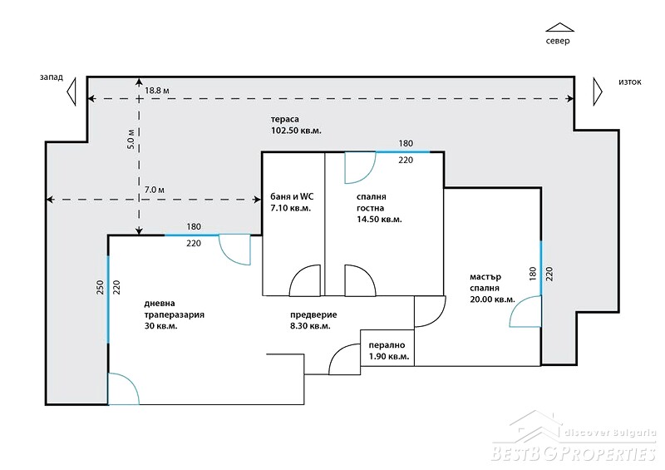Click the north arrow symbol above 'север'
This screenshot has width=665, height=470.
(x=559, y=27)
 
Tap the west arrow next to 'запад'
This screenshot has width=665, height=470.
(x=71, y=92)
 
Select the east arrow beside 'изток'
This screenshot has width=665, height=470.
(x=598, y=92)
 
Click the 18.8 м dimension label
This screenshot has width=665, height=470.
(x=157, y=91)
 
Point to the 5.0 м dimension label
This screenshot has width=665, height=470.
(x=131, y=139)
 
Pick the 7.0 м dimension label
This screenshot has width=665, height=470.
(x=155, y=190)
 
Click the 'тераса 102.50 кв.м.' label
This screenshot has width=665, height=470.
(x=296, y=126)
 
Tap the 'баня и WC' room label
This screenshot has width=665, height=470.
(x=293, y=196)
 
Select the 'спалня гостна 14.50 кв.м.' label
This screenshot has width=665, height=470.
(x=379, y=208)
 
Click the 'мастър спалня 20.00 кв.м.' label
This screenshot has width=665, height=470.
(x=492, y=288)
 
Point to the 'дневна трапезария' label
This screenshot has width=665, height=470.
(x=175, y=309)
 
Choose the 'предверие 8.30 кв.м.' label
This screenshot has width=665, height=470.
(x=314, y=320)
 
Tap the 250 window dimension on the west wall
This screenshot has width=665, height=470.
(x=100, y=288)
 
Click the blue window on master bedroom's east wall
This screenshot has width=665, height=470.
(x=541, y=268)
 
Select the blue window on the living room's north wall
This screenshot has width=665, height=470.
(x=192, y=235)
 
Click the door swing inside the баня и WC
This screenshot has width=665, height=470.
(x=305, y=280)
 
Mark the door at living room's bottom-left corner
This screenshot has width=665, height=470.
(x=123, y=388)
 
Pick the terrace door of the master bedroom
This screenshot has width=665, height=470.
(x=525, y=311)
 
